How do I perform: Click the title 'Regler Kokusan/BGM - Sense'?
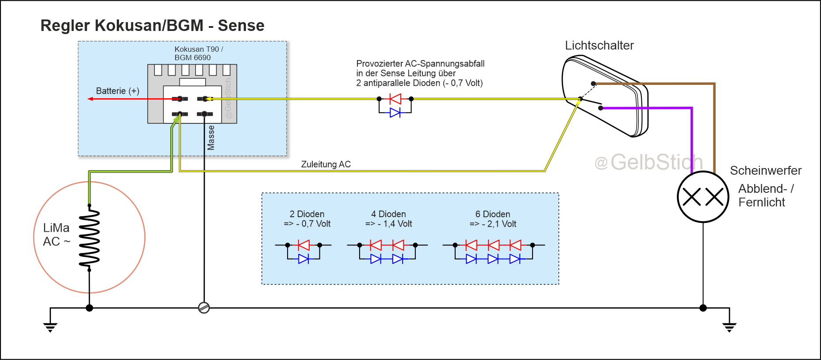pos(152,26)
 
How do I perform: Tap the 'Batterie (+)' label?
pos(118,91)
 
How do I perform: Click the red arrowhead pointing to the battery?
pos(90,99)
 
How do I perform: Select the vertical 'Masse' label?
pos(211,138)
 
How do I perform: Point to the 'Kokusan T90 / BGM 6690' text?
pos(199,54)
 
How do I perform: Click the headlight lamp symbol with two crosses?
pos(703,197)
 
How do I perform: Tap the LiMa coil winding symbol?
pos(89,237)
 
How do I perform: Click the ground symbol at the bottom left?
pos(50,327)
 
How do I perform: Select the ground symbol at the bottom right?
pos(729,327)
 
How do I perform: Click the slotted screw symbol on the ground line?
pos(204,308)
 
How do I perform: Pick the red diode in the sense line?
pos(395,99)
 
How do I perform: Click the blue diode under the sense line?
pos(395,112)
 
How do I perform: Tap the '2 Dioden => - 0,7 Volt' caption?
pos(307,219)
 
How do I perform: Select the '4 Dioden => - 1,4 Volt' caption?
pos(388,219)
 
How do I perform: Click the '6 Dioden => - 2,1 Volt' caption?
pos(493,219)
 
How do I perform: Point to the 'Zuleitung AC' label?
pos(326,164)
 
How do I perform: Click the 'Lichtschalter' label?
pos(599,46)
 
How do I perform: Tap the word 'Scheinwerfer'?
pos(765,170)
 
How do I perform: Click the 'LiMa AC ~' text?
pos(57,234)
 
